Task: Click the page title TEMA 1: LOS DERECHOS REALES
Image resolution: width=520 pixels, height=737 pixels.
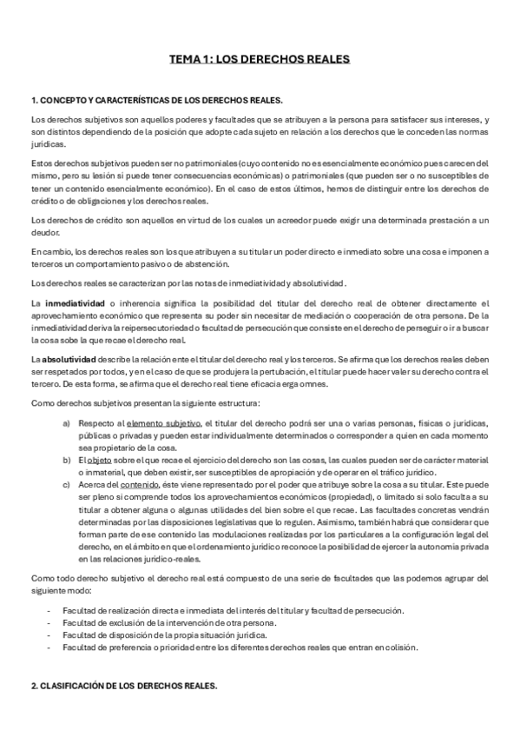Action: [x=260, y=60]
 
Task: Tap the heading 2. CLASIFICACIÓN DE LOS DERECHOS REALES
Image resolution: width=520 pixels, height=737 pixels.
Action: [x=124, y=686]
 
